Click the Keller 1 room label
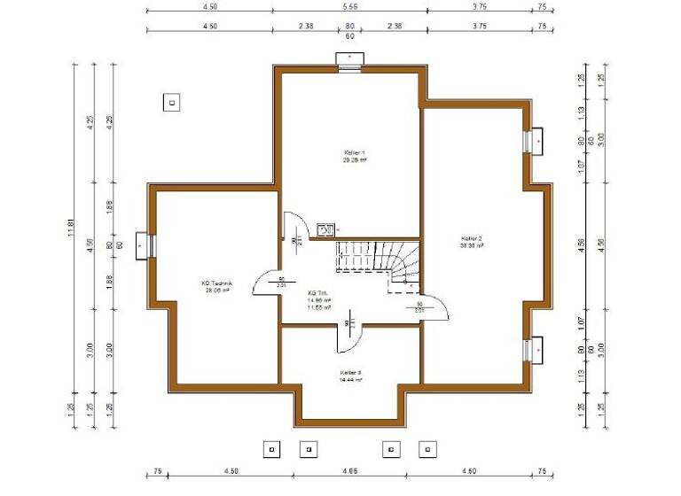point(355,153)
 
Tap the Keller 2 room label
point(472,238)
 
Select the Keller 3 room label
point(350,373)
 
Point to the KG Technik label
point(217,283)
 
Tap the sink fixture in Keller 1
point(325,230)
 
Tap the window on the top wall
point(349,59)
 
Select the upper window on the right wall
point(535,141)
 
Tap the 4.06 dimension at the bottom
point(349,471)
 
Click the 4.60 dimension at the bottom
point(478,471)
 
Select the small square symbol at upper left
point(171,102)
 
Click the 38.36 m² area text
point(472,246)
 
